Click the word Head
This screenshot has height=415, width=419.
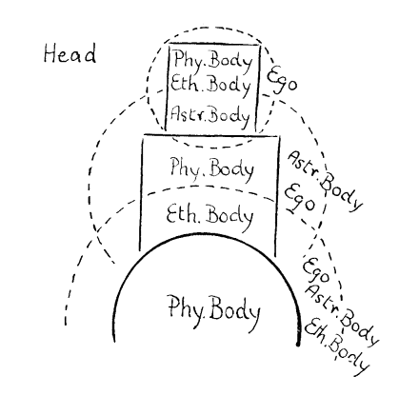point(70,54)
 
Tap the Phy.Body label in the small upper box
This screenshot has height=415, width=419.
point(212,61)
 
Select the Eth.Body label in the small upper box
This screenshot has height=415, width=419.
point(211,85)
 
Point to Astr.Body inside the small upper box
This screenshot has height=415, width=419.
point(209,115)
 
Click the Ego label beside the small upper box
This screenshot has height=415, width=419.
point(282,82)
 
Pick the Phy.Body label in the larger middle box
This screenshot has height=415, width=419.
point(212,168)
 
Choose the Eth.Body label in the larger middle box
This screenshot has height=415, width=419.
point(209,216)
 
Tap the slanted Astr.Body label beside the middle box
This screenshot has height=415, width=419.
point(325,181)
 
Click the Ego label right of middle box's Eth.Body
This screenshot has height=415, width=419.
point(299,200)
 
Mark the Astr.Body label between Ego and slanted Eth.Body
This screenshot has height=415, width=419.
point(342,314)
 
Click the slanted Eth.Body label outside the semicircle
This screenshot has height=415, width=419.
point(337,346)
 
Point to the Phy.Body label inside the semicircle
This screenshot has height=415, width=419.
point(214,308)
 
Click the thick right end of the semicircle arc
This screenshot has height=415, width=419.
point(298,344)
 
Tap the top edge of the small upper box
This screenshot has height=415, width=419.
point(214,45)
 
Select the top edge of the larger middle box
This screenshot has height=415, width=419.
point(211,136)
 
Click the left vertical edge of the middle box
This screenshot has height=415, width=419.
point(141,193)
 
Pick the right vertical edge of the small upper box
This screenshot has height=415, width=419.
point(258,88)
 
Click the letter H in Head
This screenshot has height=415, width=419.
point(50,54)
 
